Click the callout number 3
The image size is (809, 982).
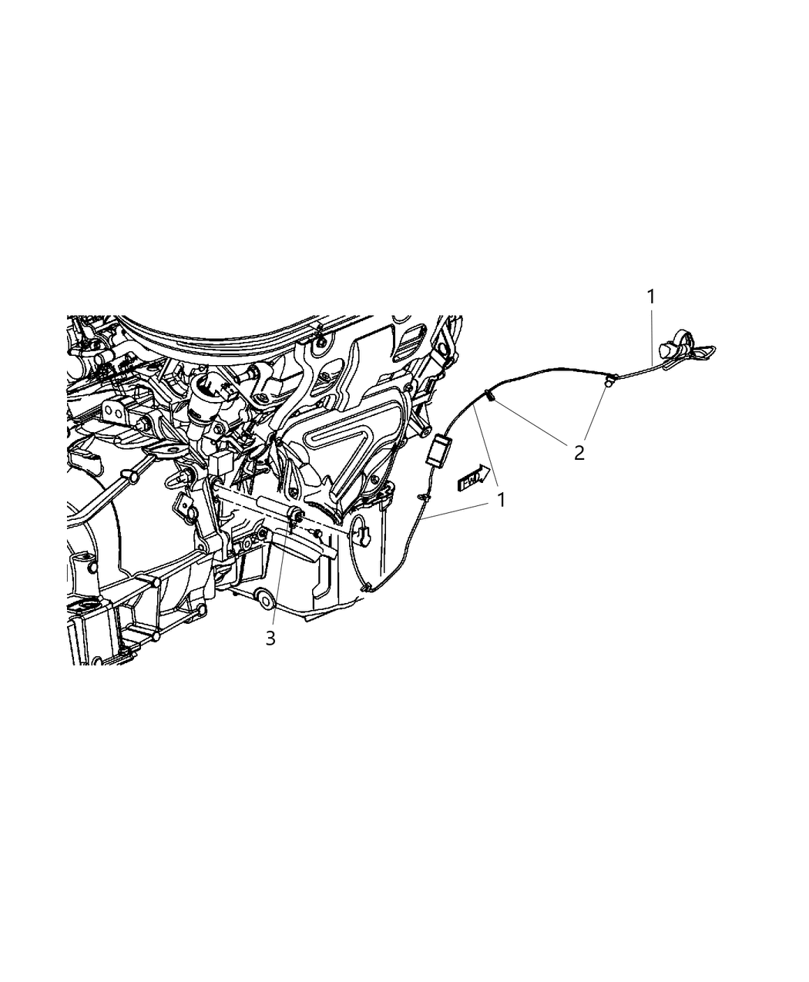pyautogui.click(x=270, y=638)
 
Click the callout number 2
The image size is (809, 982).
pyautogui.click(x=579, y=453)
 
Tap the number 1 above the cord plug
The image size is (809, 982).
pyautogui.click(x=651, y=296)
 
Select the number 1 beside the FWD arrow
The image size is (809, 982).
pyautogui.click(x=501, y=500)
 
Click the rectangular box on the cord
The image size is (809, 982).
pyautogui.click(x=440, y=451)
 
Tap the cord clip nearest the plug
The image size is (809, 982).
pyautogui.click(x=609, y=379)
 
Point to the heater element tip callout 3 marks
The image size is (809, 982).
pyautogui.click(x=295, y=515)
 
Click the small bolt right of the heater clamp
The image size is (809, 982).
pyautogui.click(x=315, y=533)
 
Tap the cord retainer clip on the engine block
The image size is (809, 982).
pyautogui.click(x=360, y=531)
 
